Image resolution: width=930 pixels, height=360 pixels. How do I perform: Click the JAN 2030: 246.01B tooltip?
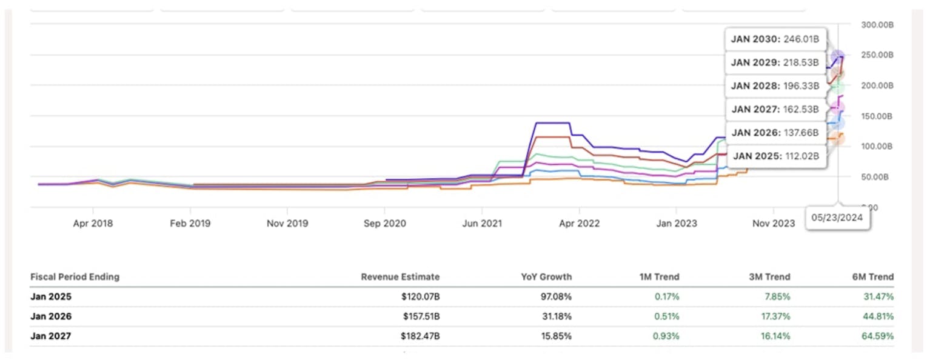tap(775, 39)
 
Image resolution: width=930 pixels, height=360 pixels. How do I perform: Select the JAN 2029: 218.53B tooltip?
tap(775, 62)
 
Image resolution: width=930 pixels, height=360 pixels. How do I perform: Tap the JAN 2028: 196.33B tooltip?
tap(775, 86)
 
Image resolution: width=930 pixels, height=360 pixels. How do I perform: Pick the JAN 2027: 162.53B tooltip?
tap(775, 110)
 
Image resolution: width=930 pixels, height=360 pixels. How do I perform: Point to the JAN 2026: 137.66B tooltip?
tap(775, 133)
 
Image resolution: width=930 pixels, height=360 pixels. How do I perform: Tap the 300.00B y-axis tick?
tap(877, 25)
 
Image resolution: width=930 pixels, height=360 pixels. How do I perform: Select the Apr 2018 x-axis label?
tap(93, 224)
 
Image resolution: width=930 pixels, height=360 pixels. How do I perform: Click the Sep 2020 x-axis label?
tap(386, 224)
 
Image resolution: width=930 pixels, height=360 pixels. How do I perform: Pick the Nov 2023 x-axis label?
tap(774, 224)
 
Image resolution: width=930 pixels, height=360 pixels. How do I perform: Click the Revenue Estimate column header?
tap(400, 277)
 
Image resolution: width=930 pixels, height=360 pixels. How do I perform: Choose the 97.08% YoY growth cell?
tap(556, 297)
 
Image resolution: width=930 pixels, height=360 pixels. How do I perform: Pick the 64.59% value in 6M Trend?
tap(877, 336)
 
